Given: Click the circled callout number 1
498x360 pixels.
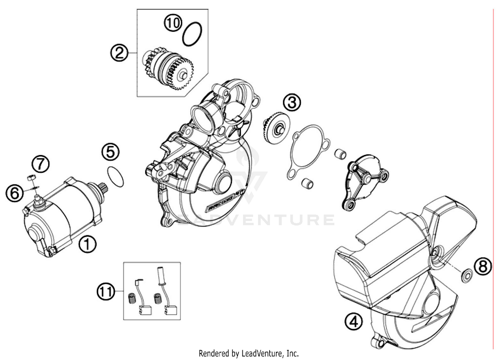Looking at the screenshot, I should pyautogui.click(x=87, y=244).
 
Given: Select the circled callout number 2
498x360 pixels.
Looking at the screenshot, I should pyautogui.click(x=119, y=53).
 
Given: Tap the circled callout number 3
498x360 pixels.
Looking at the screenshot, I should pyautogui.click(x=292, y=103).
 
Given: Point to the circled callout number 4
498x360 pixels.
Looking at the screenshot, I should pyautogui.click(x=353, y=321).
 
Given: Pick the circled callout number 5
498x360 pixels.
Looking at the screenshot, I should pyautogui.click(x=111, y=152).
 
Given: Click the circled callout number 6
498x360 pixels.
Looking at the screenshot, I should pyautogui.click(x=15, y=193).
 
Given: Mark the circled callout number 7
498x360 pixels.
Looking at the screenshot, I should pyautogui.click(x=41, y=164).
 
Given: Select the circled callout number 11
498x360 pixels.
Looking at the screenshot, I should pyautogui.click(x=106, y=292).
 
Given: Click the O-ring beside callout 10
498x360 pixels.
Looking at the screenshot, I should pyautogui.click(x=192, y=34).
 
